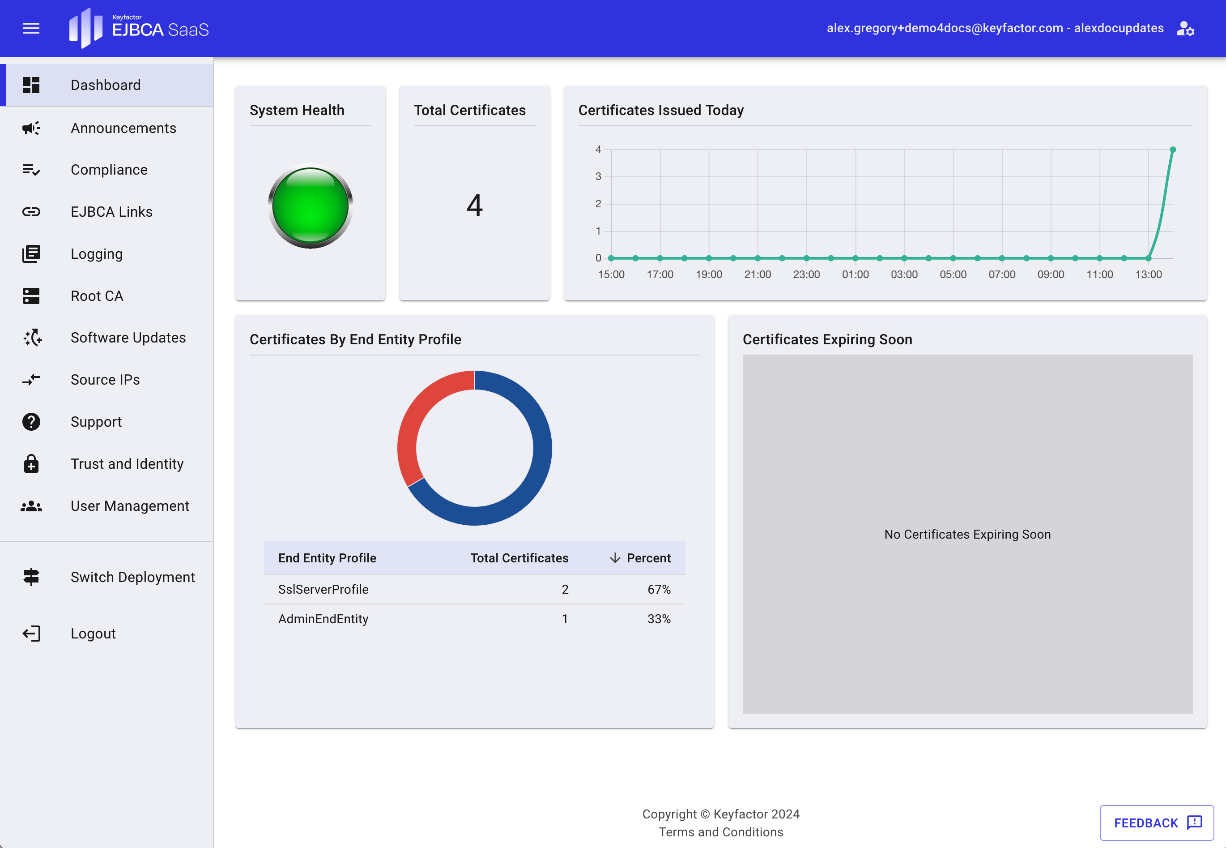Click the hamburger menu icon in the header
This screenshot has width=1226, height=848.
[31, 28]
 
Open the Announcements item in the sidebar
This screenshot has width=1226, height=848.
[123, 128]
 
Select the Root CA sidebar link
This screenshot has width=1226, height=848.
[97, 296]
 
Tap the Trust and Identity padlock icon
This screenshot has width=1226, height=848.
[31, 464]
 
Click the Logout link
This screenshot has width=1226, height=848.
[93, 634]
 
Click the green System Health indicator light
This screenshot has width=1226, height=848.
[311, 206]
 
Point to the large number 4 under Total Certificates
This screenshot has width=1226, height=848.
[474, 205]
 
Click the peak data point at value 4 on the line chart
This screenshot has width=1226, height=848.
[1172, 150]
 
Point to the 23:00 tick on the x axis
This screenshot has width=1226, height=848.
[806, 274]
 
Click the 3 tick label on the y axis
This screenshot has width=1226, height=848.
[598, 176]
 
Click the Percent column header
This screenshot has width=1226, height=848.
[648, 558]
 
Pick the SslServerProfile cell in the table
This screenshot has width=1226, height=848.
[324, 589]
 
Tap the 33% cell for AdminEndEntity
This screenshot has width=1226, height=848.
[658, 619]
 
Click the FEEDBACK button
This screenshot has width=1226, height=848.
[1156, 822]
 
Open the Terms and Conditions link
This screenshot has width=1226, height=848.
[720, 832]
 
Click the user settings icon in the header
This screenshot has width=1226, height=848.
[1185, 29]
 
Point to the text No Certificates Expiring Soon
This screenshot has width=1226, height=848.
[967, 535]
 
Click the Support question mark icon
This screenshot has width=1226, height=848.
[31, 422]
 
